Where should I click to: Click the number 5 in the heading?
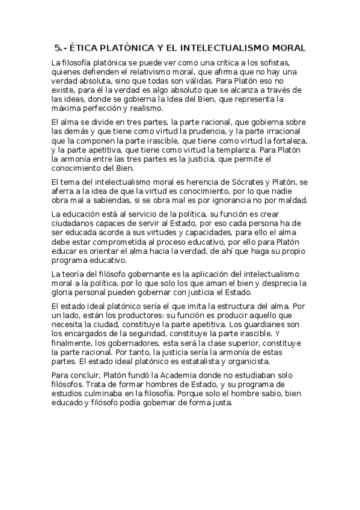point(57,48)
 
